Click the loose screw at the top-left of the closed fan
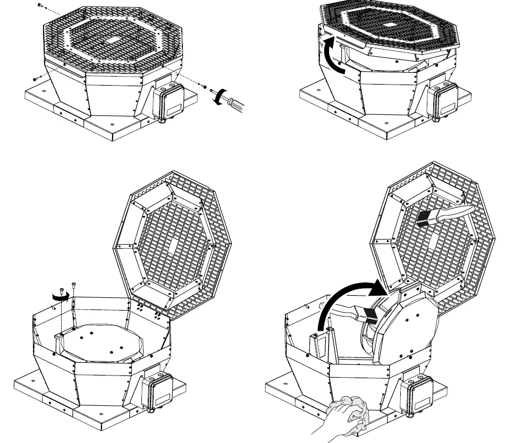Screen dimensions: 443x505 click(41, 5)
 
